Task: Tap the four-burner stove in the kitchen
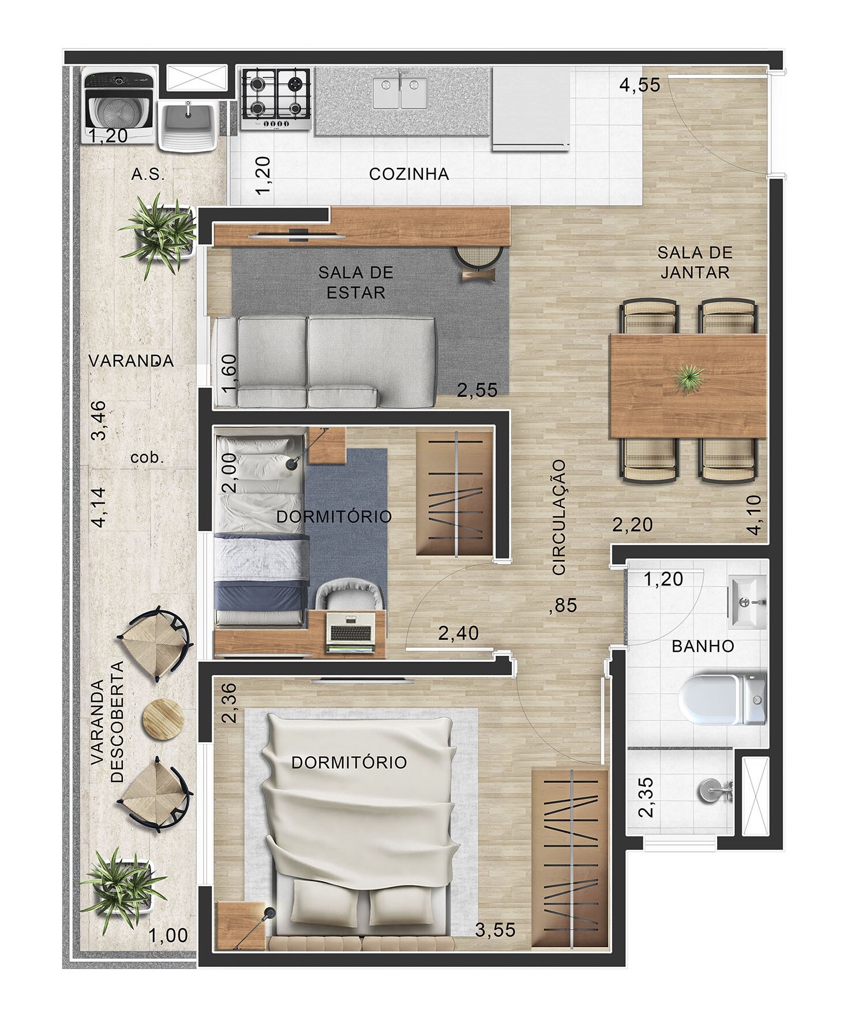276,98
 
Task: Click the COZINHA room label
408,174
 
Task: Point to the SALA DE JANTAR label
695,262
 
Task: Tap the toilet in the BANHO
721,700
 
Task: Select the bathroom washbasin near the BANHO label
748,602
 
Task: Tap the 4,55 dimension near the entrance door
639,85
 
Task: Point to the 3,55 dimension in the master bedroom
495,929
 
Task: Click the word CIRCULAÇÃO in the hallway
559,517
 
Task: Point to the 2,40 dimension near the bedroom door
458,633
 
